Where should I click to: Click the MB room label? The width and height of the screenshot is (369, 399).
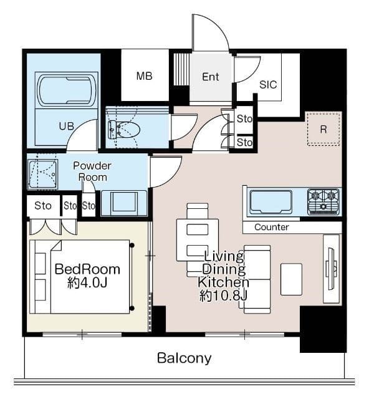(144, 76)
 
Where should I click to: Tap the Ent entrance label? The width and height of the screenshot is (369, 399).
(211, 77)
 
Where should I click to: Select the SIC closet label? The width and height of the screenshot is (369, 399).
(268, 85)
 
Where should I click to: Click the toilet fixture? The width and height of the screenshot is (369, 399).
(124, 130)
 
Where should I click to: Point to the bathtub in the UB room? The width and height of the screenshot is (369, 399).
(67, 90)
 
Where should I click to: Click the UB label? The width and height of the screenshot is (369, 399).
(67, 126)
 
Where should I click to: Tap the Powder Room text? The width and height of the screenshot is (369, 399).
(92, 171)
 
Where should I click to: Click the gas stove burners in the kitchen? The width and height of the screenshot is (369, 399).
(323, 202)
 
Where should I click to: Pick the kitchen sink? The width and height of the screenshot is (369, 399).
(271, 202)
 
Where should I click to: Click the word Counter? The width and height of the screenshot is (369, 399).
(272, 227)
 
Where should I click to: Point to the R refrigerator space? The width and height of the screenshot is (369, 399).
(323, 129)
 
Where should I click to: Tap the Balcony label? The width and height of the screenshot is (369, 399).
(184, 358)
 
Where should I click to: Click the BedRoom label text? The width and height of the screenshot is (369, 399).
(87, 269)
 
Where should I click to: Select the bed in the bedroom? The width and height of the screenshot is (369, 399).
(82, 277)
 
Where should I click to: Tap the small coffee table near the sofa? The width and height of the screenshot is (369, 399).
(291, 279)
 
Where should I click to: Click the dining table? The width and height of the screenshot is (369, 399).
(198, 240)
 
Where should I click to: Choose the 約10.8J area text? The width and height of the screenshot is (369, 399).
(223, 296)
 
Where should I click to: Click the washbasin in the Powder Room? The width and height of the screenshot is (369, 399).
(124, 203)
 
